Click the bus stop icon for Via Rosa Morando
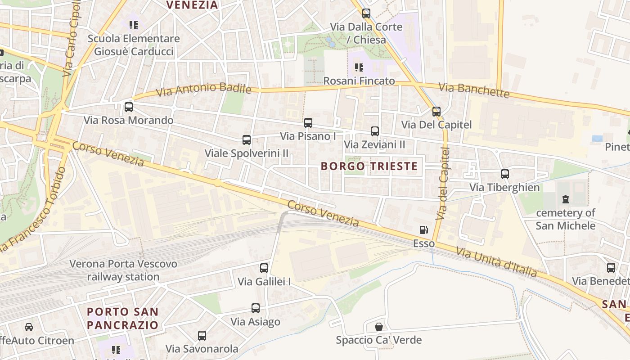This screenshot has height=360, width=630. pos(129,107)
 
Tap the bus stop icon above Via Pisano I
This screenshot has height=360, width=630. pos(308,123)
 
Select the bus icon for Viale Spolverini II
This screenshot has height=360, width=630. pos(247,140)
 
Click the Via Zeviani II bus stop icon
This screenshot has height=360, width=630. pos(375,131)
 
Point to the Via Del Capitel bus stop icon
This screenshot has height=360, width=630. pos(436,112)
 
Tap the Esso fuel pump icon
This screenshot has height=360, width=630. pos(424,230)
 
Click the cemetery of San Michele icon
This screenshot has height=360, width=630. pos(566,199)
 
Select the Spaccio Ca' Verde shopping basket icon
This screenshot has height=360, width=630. pos(379,327)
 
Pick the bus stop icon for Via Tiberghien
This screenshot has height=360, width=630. pos(505,174)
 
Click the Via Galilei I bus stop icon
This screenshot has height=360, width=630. pos(264,268)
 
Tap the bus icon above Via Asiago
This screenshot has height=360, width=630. pos(256,308)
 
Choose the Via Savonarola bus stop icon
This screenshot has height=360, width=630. pos(202,335)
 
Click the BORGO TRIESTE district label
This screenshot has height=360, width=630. pos(369,166)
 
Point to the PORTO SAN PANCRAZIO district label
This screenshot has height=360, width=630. pos(122,318)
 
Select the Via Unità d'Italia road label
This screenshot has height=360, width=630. pos(496,262)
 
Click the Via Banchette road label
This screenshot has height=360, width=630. pos(474,90)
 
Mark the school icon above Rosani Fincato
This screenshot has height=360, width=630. pos(359,67)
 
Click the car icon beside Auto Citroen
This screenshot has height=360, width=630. pos(29,327)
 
